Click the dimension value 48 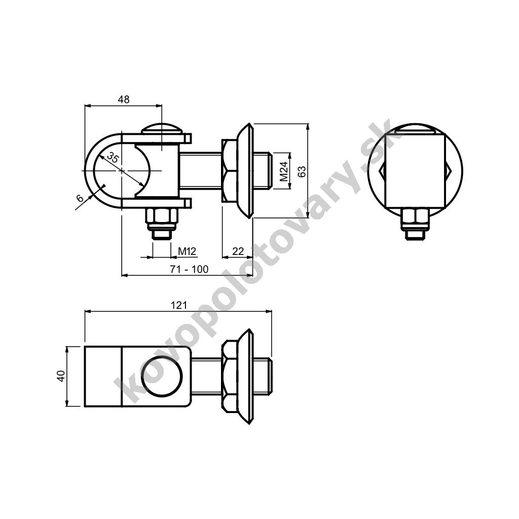[x=124, y=99]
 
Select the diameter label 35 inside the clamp [x=113, y=158]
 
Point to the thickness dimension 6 [x=80, y=198]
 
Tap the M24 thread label [x=284, y=171]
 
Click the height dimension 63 [x=302, y=171]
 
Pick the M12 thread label [x=188, y=251]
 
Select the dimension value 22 [x=238, y=251]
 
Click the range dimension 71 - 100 [x=190, y=269]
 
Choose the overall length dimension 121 [x=179, y=305]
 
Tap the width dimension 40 [x=61, y=376]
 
